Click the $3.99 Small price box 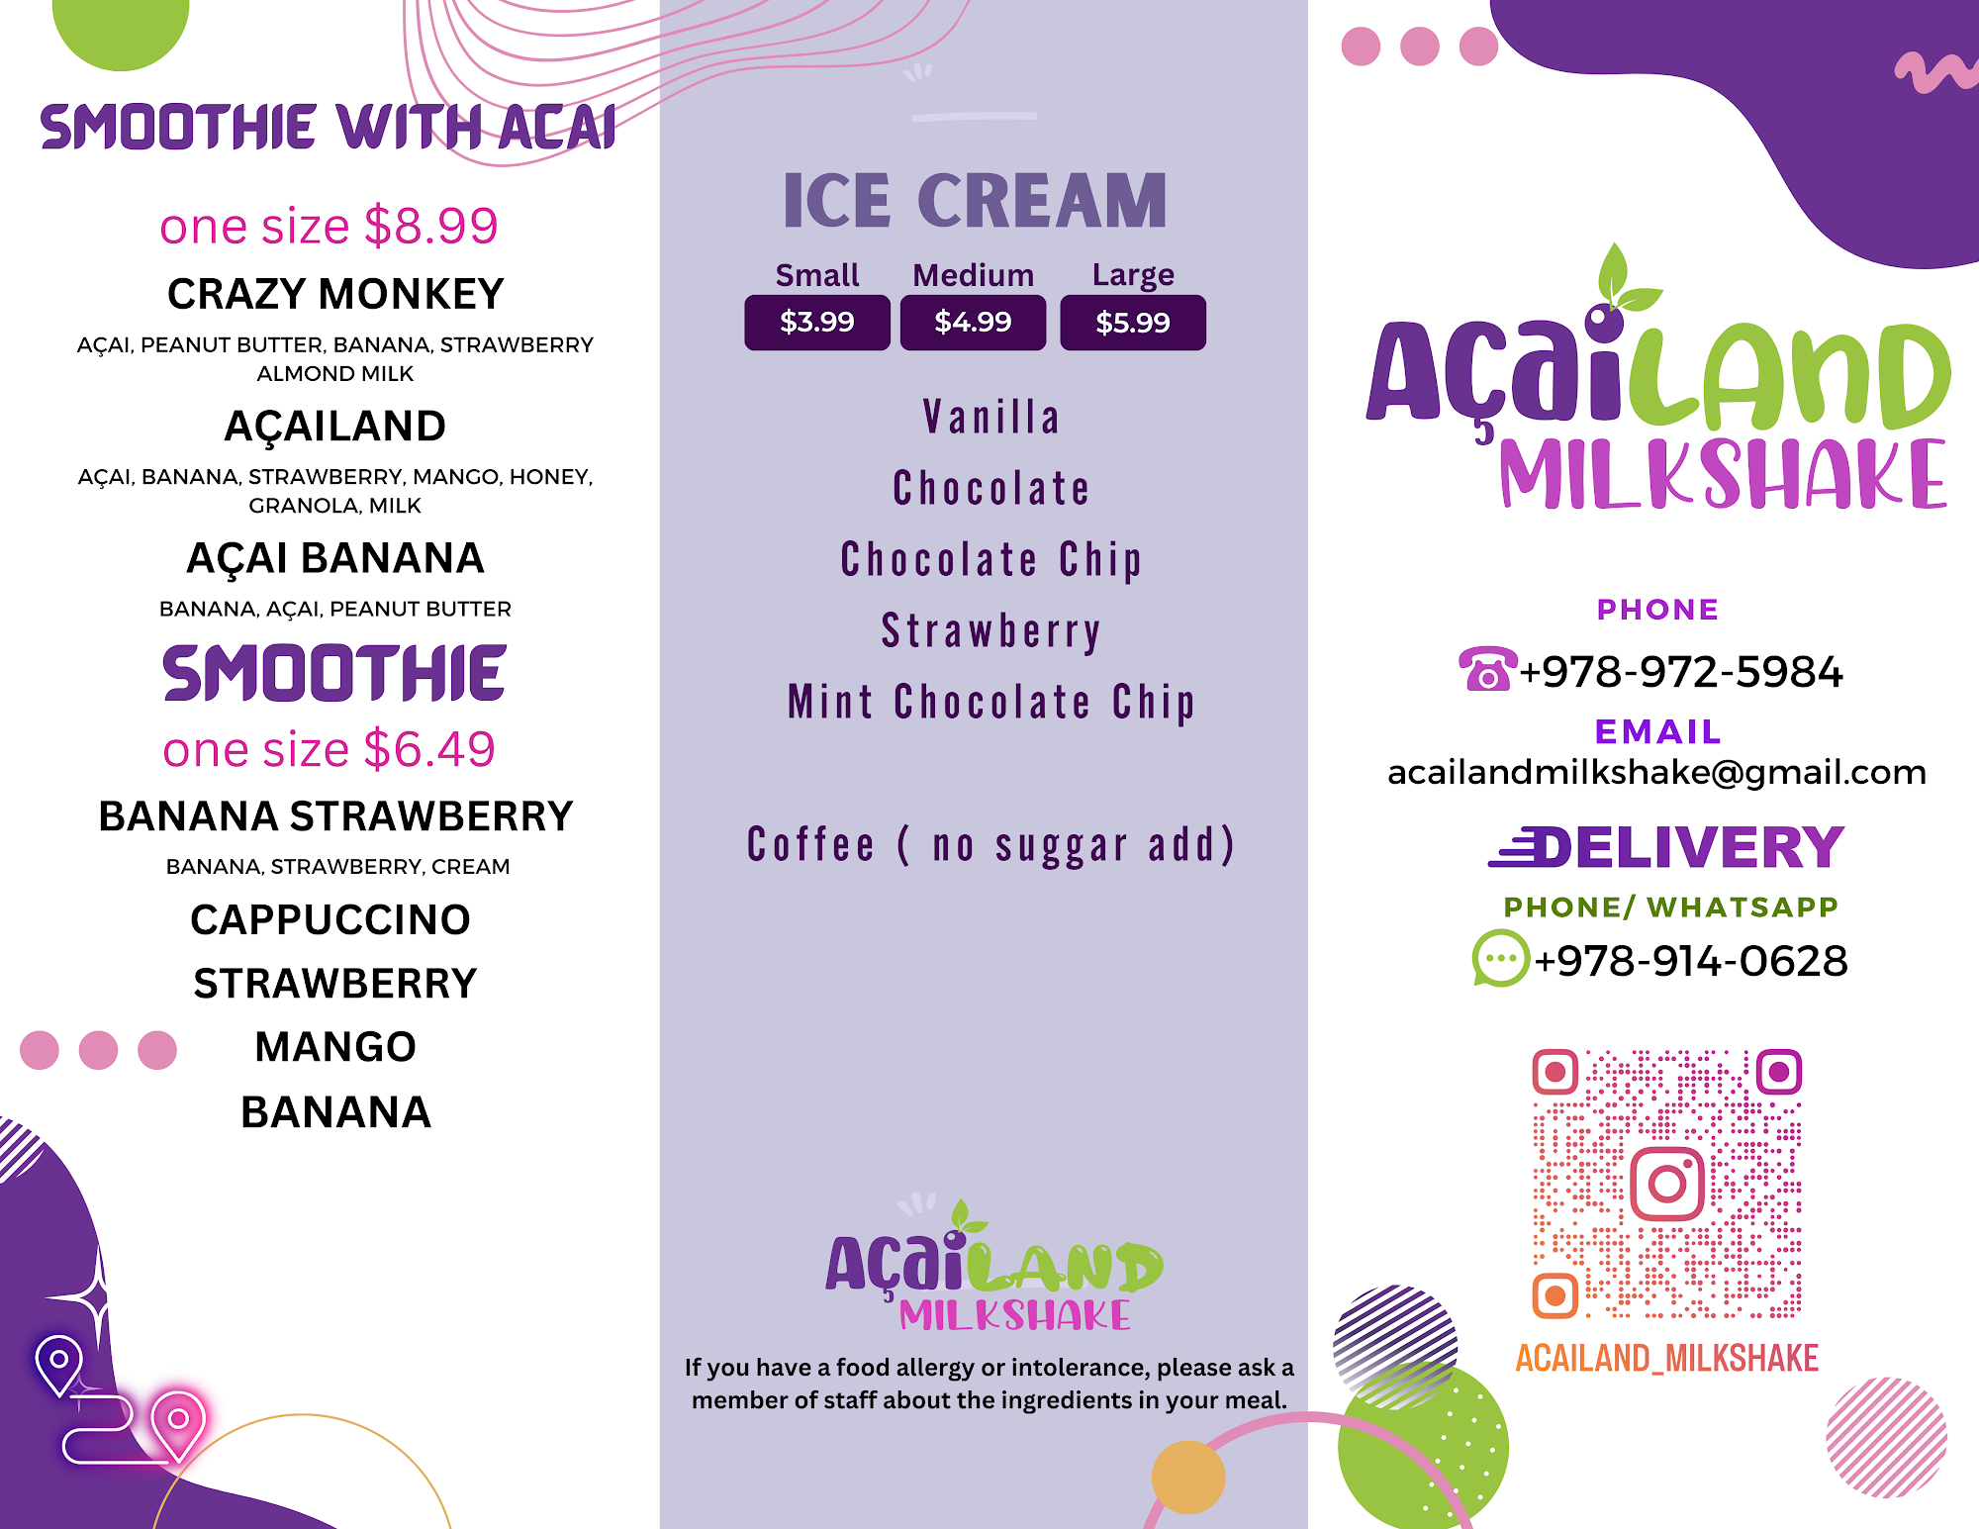[817, 322]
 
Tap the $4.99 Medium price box [973, 322]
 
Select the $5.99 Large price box [1133, 322]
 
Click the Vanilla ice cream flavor [991, 417]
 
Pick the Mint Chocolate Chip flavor [991, 703]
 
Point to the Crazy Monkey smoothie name [335, 294]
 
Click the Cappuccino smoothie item [330, 919]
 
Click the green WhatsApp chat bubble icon [1501, 958]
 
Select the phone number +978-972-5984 [1681, 672]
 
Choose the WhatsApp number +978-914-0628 [1691, 961]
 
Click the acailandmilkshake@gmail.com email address [1657, 772]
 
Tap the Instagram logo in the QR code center [1667, 1184]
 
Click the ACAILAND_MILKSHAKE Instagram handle [1667, 1358]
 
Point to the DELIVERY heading [1667, 847]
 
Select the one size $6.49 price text [329, 749]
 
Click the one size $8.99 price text [329, 226]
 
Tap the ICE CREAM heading [975, 201]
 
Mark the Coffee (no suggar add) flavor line [991, 845]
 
